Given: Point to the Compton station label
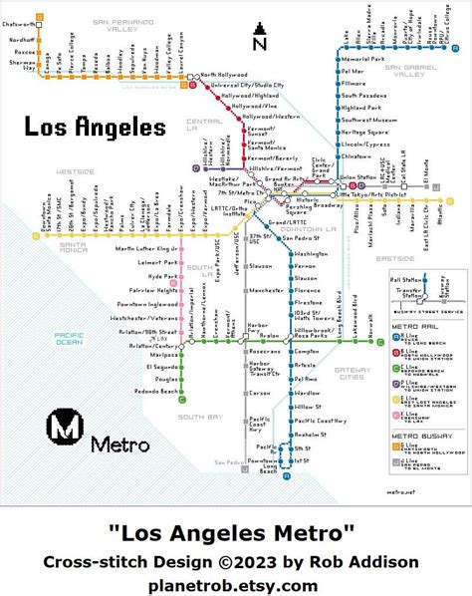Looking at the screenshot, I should tap(305, 352).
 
